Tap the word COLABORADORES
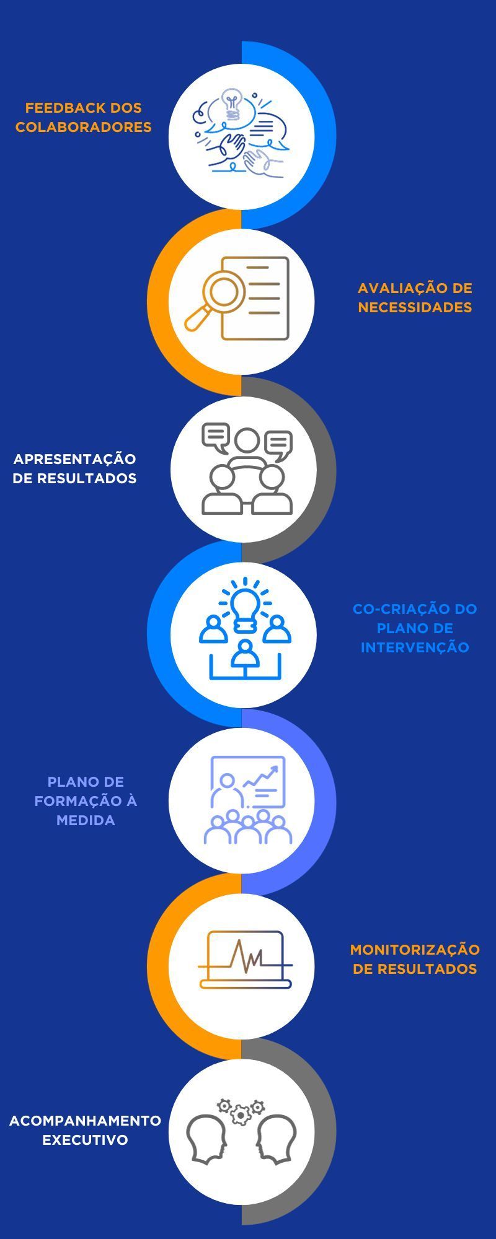pos(84,127)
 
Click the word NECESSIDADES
pos(415,307)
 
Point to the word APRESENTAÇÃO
pos(74,459)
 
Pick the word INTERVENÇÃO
pos(415,647)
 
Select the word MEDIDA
pos(86,820)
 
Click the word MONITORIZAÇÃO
pos(415,950)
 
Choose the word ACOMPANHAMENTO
pos(85,1121)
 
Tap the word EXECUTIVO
pos(85,1140)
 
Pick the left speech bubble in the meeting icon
pos(216,437)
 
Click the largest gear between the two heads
pos(241,1115)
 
